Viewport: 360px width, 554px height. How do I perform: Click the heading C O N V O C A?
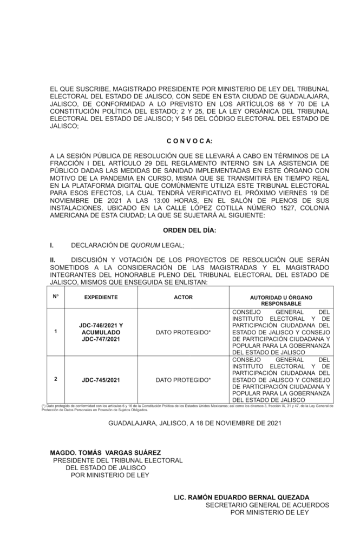[x=189, y=141]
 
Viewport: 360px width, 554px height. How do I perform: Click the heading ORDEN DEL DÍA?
[x=189, y=231]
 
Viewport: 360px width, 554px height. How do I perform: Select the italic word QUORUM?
[x=147, y=245]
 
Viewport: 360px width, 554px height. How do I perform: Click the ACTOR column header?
[x=183, y=298]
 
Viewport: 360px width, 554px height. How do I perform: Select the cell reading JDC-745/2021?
[x=102, y=380]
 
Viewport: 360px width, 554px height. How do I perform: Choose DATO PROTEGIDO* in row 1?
[x=183, y=332]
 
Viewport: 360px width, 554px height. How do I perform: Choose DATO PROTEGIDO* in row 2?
[x=183, y=380]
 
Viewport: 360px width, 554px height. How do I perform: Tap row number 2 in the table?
[x=56, y=379]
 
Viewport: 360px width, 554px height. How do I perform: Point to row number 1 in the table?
[x=56, y=332]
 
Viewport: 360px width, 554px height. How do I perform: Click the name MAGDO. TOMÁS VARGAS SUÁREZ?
[x=105, y=453]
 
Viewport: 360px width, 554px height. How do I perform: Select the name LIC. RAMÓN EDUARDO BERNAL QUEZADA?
[x=241, y=497]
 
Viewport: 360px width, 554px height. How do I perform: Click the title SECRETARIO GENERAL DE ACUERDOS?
[x=267, y=505]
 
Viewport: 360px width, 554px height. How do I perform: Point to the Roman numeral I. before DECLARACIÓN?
[x=51, y=245]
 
